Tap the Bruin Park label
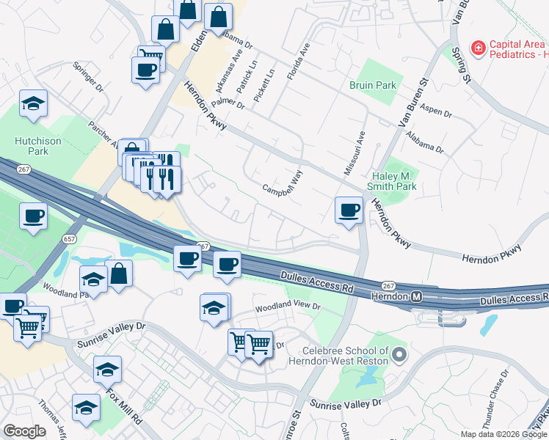[x=373, y=86]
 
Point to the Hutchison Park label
[x=31, y=146]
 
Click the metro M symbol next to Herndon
[x=416, y=296]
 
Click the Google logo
[x=24, y=431]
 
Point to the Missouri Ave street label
[x=354, y=153]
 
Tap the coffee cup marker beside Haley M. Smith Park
[x=349, y=210]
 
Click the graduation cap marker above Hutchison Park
[x=33, y=104]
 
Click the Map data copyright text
[x=503, y=434]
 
